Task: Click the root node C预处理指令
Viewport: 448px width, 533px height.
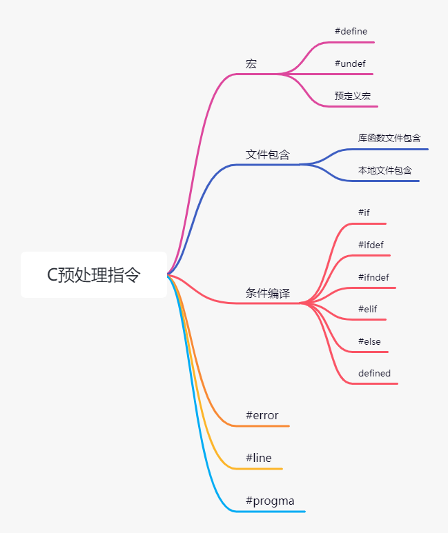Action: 94,274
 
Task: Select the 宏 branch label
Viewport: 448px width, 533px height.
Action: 251,63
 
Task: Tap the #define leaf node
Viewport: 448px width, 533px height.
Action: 351,31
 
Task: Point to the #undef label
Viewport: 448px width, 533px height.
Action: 350,63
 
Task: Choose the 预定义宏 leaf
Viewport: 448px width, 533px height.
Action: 353,96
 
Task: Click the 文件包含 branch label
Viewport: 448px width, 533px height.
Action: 268,154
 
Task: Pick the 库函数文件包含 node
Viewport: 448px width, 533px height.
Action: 389,138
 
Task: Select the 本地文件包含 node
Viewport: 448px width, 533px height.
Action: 384,170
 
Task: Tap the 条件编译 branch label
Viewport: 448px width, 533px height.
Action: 268,293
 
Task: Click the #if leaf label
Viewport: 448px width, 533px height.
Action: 364,212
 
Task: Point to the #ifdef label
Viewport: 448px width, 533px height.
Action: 371,245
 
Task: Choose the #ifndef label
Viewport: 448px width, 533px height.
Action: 373,277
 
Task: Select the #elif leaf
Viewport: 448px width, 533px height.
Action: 368,309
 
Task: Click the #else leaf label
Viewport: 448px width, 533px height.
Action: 369,341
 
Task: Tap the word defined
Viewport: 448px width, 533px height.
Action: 374,373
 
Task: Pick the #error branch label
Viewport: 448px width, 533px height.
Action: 262,415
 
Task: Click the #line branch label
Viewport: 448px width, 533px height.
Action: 259,458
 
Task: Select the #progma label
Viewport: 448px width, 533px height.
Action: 270,501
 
